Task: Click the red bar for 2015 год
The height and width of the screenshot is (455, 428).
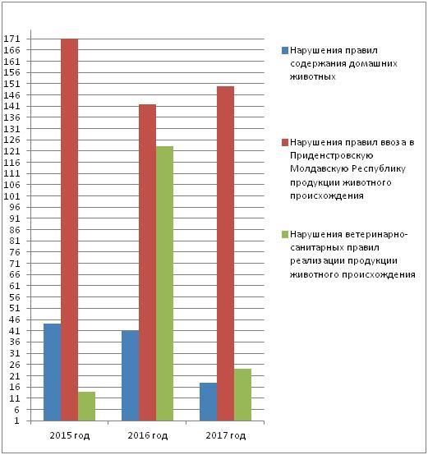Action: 69,229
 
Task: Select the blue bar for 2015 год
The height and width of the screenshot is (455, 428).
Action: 53,372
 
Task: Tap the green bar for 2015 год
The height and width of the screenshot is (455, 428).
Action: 86,407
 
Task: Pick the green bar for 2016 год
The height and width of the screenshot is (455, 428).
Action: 164,283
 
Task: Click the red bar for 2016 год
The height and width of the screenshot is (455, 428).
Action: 147,263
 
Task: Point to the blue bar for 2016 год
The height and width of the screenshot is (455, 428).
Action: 131,375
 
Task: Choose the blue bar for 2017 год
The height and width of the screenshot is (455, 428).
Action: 209,402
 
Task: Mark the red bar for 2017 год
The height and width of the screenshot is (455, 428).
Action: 225,254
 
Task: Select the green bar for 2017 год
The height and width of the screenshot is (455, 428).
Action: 242,395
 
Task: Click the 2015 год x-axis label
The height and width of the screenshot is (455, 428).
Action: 70,435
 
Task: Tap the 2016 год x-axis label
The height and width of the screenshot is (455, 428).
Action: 148,435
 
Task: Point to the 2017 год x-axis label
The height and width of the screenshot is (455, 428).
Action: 226,435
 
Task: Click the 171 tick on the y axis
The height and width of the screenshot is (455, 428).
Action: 12,39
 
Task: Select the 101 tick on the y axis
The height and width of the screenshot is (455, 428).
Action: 12,196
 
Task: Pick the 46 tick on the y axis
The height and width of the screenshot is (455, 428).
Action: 16,319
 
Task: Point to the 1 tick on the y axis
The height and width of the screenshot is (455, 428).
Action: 16,421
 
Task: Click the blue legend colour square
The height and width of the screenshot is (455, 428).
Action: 285,50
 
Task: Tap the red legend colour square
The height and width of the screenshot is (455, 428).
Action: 285,142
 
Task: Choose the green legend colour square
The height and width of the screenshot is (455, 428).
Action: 285,234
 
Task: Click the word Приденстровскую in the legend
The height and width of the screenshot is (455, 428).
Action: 332,156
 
